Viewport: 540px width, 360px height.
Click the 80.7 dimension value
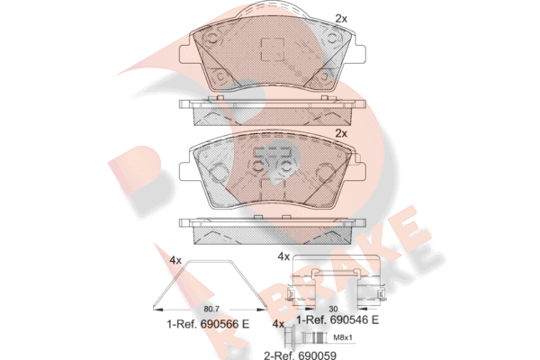[x=211, y=309]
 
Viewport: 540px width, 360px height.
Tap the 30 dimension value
[x=333, y=309]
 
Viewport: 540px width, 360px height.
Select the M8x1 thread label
[x=343, y=337]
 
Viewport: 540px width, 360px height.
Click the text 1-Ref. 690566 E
[x=208, y=324]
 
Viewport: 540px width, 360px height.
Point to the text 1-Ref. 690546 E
[x=337, y=319]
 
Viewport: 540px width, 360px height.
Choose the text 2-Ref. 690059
[x=300, y=355]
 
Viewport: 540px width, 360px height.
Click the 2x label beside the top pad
[x=341, y=19]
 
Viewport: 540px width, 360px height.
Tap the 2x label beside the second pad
[x=341, y=133]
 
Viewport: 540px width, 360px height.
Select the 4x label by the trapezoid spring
[x=175, y=260]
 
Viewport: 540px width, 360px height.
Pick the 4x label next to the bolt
[x=278, y=324]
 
